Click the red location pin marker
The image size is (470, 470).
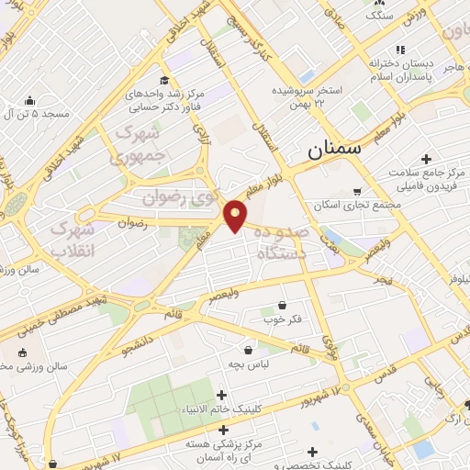236,215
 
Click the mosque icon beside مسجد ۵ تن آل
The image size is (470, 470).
29,100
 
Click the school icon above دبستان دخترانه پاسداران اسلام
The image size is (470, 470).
399,50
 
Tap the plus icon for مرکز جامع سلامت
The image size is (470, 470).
427,159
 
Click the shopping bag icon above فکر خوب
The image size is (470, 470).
281,305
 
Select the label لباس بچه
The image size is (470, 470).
248,365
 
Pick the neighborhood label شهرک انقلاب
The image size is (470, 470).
71,238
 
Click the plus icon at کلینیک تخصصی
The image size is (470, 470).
314,452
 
